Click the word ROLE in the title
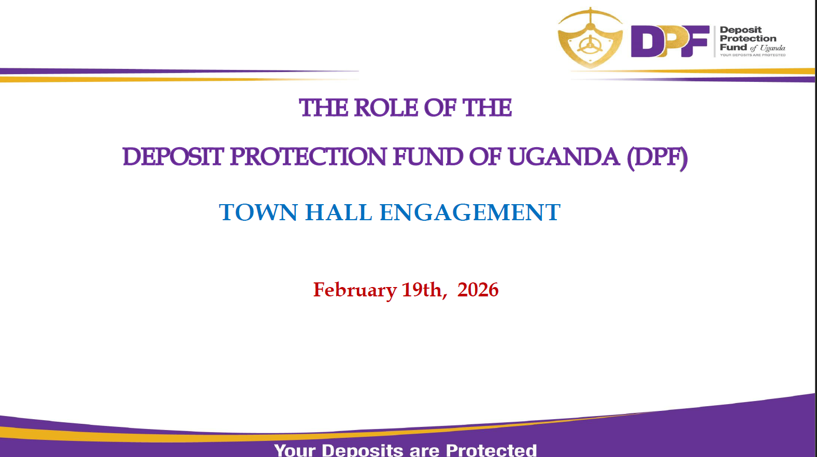coord(386,108)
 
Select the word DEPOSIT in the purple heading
coord(173,157)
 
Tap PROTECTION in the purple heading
coord(308,157)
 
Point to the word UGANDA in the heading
coord(564,157)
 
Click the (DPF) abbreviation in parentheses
coord(657,158)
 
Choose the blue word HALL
coord(338,212)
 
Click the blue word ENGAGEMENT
coord(470,212)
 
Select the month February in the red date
coord(355,290)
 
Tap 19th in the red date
coord(424,290)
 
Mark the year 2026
coord(478,290)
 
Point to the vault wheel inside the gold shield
coord(590,45)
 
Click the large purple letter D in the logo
coord(645,41)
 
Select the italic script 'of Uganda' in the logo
coord(767,48)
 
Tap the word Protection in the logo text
coord(748,39)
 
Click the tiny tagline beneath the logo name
coord(752,55)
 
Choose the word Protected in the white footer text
coord(491,450)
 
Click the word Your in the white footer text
coord(295,450)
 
